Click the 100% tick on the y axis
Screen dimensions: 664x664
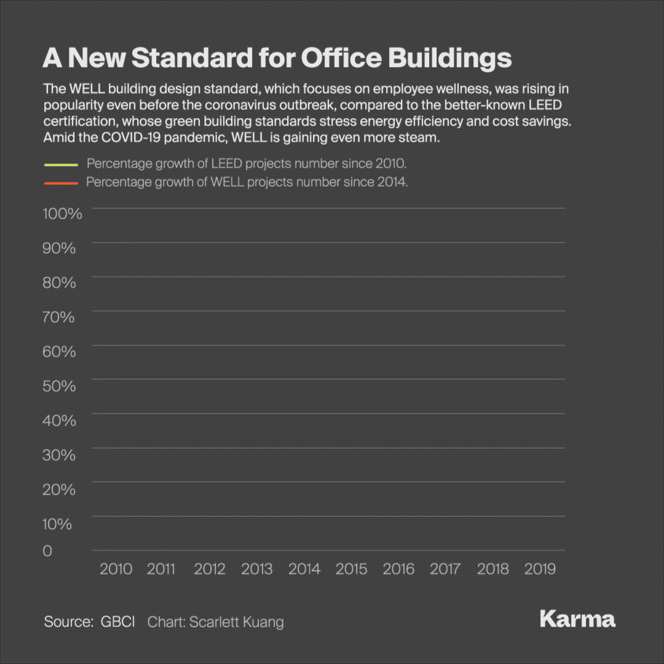click(62, 214)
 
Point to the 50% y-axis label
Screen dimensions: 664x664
click(59, 386)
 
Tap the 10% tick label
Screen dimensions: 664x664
click(57, 524)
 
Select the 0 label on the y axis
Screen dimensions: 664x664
click(47, 551)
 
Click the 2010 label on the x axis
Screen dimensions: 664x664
click(116, 569)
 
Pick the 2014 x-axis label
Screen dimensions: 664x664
click(304, 569)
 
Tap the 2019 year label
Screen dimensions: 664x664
click(540, 569)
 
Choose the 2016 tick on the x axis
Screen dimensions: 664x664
click(398, 569)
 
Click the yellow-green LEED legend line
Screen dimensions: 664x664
click(60, 165)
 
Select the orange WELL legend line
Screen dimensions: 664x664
click(60, 183)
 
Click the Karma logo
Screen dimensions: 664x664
click(577, 619)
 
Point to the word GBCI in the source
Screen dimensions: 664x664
click(117, 622)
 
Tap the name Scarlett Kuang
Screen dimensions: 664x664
click(237, 622)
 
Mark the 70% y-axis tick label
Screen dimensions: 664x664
click(59, 317)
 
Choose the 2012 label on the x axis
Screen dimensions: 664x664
click(210, 569)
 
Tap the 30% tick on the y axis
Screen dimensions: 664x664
click(59, 455)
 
